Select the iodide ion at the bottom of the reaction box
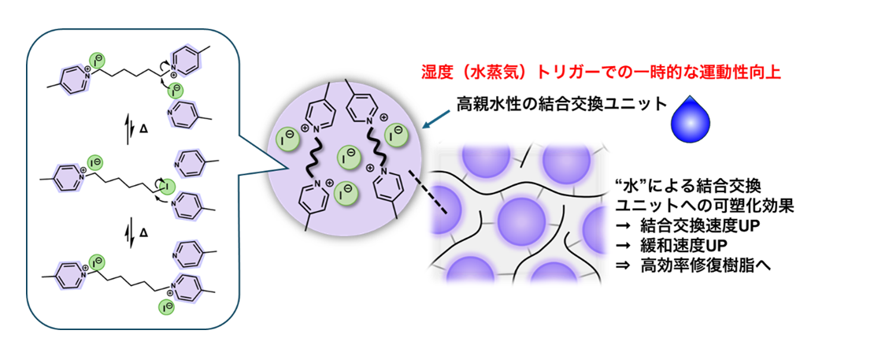(166, 306)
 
